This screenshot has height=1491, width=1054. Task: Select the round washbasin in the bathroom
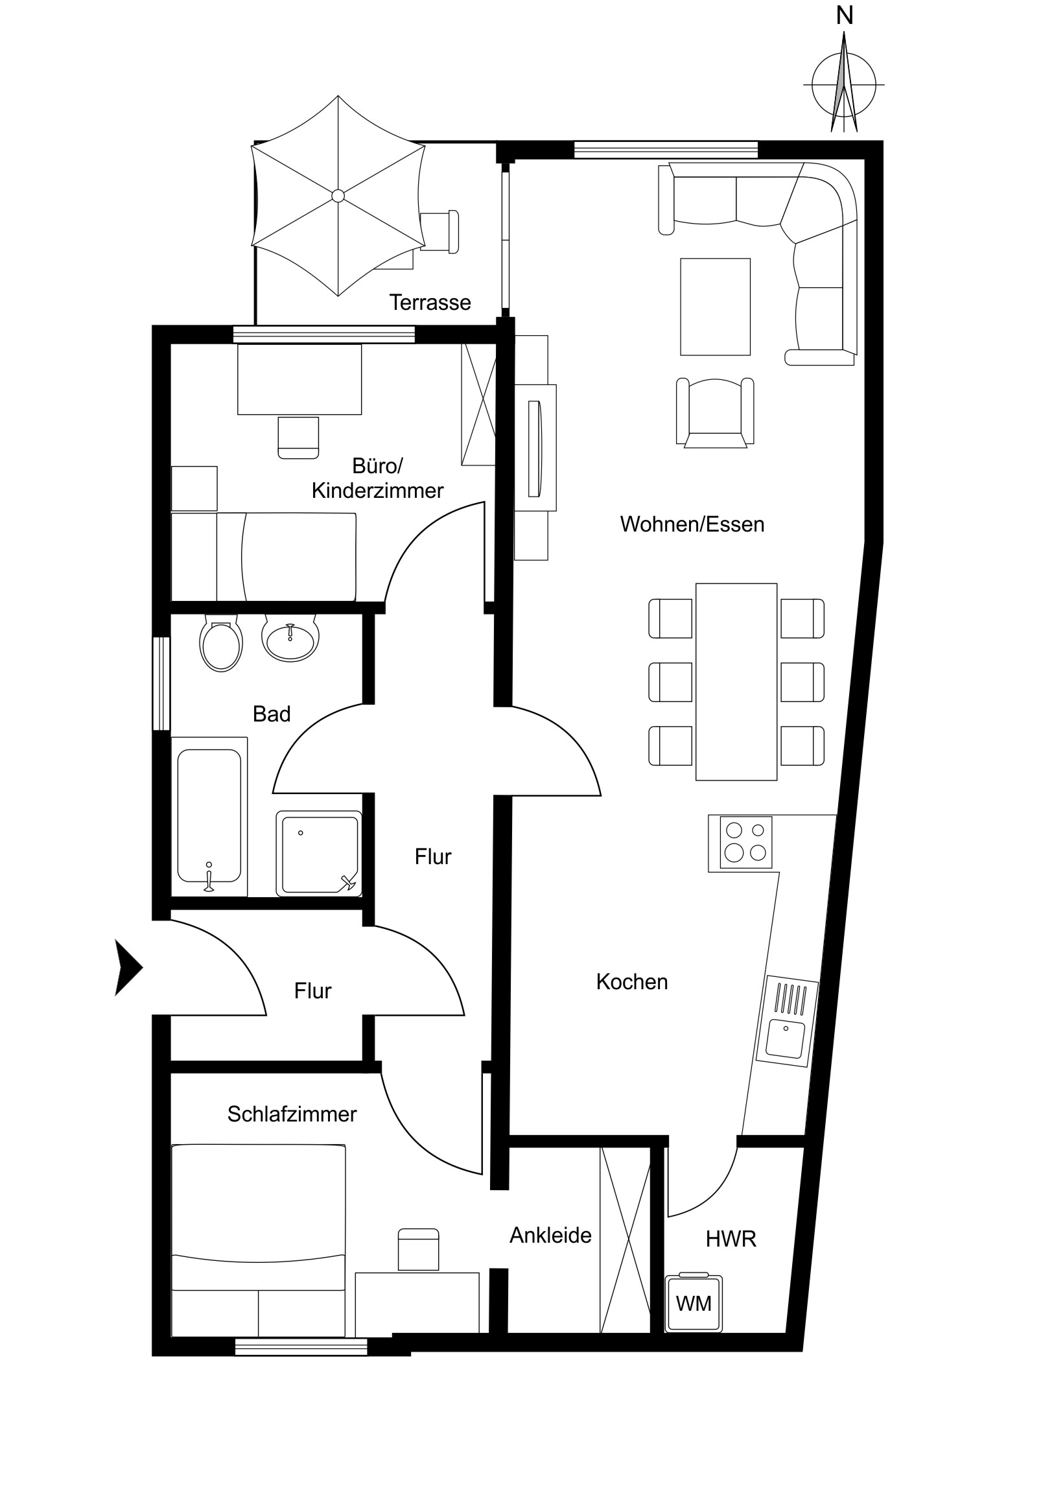290,638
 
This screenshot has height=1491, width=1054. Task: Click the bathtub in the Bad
209,816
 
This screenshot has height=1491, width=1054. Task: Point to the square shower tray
319,853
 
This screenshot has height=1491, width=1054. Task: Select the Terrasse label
430,303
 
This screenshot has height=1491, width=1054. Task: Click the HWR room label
731,1239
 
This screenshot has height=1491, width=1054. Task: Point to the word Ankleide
551,1235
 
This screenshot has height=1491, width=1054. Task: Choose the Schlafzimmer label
292,1114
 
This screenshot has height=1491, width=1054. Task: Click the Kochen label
632,982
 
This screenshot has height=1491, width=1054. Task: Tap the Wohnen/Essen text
692,524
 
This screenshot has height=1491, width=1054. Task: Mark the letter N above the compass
844,16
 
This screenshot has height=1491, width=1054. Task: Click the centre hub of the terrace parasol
338,196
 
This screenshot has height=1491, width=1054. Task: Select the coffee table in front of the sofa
716,307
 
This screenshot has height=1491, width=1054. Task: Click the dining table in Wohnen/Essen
736,681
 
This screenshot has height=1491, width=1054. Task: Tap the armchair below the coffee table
715,413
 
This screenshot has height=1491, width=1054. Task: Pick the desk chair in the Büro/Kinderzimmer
298,438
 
